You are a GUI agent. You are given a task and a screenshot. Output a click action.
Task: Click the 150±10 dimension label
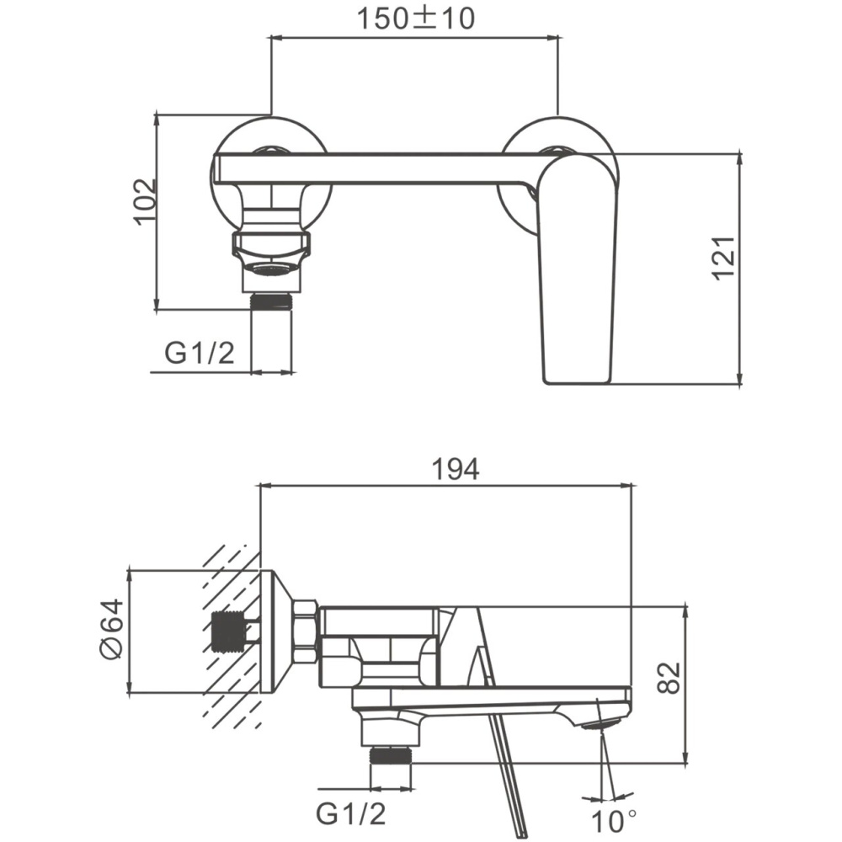(416, 19)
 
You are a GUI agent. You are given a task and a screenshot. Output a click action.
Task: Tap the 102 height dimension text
(146, 201)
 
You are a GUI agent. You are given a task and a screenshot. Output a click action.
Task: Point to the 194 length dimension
(456, 470)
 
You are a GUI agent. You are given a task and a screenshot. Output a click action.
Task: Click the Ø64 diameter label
(112, 629)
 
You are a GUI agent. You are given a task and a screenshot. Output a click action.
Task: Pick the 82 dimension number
(669, 678)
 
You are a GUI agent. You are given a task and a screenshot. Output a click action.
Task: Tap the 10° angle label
(614, 821)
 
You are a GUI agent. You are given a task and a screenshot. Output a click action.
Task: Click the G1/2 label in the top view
(200, 354)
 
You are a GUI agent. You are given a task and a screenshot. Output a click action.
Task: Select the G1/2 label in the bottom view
(350, 813)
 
